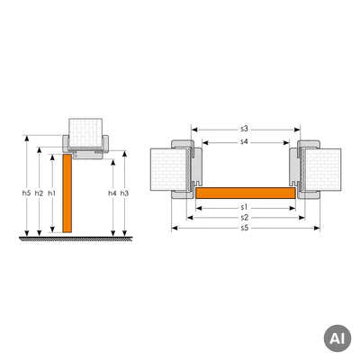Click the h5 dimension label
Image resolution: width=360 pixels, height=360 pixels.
pyautogui.click(x=27, y=193)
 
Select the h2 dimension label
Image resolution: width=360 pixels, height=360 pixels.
pyautogui.click(x=39, y=193)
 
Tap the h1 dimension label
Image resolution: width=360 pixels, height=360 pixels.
pyautogui.click(x=52, y=193)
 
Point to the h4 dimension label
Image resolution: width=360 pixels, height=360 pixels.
pyautogui.click(x=112, y=193)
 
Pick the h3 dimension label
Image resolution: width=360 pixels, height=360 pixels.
pyautogui.click(x=124, y=193)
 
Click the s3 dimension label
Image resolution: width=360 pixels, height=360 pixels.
pyautogui.click(x=245, y=129)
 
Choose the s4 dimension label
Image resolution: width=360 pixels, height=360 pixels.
pyautogui.click(x=245, y=141)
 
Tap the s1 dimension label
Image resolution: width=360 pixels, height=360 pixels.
pyautogui.click(x=244, y=207)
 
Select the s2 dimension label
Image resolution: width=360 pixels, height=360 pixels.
pyautogui.click(x=245, y=218)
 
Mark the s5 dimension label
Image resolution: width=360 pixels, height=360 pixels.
pyautogui.click(x=245, y=228)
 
